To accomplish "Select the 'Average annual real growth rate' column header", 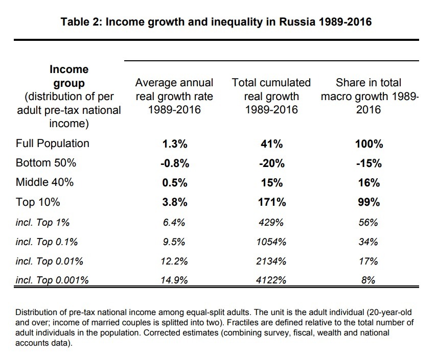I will pyautogui.click(x=174, y=96).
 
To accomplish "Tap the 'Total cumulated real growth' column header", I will pyautogui.click(x=271, y=96).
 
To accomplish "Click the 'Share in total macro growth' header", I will pyautogui.click(x=369, y=96).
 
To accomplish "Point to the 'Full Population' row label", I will pyautogui.click(x=53, y=143).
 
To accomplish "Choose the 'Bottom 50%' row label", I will pyautogui.click(x=46, y=163).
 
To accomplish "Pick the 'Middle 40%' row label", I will pyautogui.click(x=46, y=182).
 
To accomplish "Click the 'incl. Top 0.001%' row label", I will pyautogui.click(x=52, y=279).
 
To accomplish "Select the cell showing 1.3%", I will pyautogui.click(x=174, y=144).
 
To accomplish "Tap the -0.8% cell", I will pyautogui.click(x=174, y=163).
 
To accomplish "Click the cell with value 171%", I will pyautogui.click(x=271, y=202).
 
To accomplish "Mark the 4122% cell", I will pyautogui.click(x=271, y=280).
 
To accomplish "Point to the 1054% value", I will pyautogui.click(x=271, y=242).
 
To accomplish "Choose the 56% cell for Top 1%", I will pyautogui.click(x=369, y=222).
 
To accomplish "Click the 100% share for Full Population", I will pyautogui.click(x=369, y=144).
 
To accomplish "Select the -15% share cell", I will pyautogui.click(x=369, y=163).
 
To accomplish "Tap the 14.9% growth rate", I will pyautogui.click(x=174, y=280).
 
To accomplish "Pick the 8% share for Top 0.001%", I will pyautogui.click(x=369, y=280).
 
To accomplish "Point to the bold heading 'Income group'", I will pyautogui.click(x=69, y=76).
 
